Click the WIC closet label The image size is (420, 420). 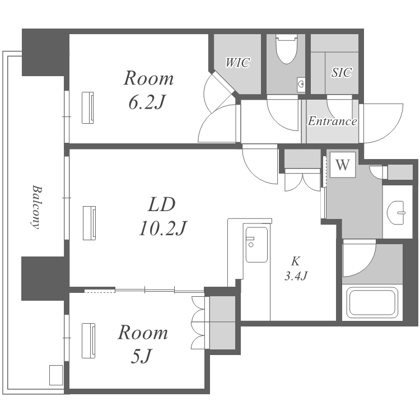point(237,62)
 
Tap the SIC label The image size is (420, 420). point(342,72)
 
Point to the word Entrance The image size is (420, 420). point(332,121)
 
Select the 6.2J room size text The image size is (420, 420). point(146,102)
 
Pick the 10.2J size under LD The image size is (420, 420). point(162,228)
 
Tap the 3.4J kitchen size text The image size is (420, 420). point(296,276)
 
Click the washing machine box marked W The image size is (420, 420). point(343,165)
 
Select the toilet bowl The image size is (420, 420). point(287,49)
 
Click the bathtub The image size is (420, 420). point(372,302)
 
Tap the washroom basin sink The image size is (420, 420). point(396,213)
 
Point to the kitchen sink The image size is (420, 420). point(256,245)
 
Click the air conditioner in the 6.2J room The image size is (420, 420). point(88,108)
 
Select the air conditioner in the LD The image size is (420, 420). point(90,223)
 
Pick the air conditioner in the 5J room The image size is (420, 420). point(88,340)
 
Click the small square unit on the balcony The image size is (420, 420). point(56,375)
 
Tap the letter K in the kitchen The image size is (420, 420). point(296,261)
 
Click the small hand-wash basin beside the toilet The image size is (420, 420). point(301,85)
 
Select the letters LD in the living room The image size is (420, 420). point(162,204)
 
